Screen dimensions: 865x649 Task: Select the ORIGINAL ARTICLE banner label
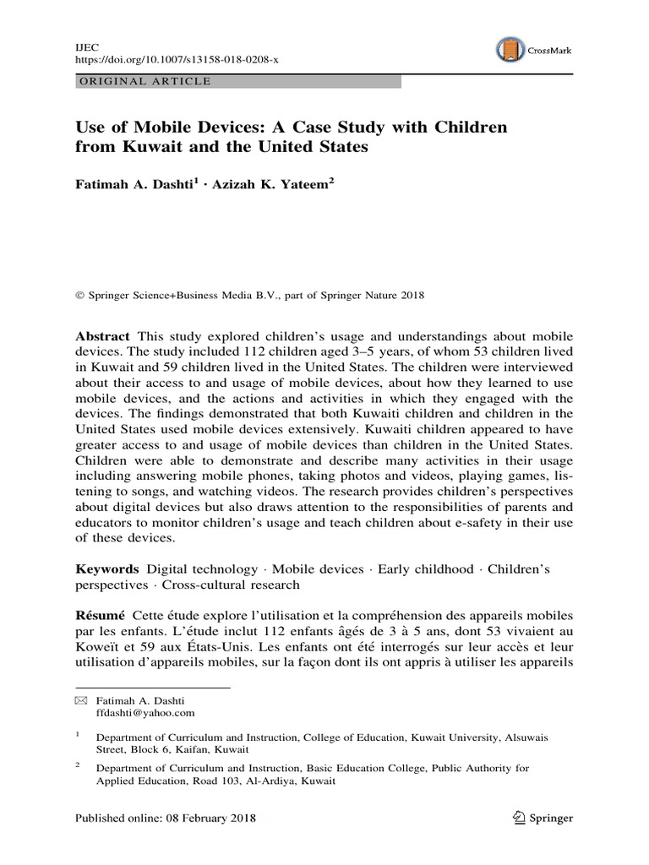click(144, 81)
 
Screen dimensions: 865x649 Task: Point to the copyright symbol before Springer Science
click(80, 296)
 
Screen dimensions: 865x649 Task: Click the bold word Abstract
click(103, 335)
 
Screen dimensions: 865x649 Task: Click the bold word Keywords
click(107, 569)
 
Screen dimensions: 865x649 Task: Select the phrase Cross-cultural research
click(231, 585)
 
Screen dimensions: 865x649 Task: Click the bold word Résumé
click(101, 616)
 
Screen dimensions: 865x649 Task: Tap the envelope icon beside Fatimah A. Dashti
click(80, 701)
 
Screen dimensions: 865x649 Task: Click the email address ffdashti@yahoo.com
click(145, 713)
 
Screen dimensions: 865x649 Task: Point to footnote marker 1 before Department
click(78, 735)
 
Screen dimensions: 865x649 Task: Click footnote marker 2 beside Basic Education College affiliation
click(78, 764)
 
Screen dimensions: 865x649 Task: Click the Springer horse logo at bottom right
click(520, 818)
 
